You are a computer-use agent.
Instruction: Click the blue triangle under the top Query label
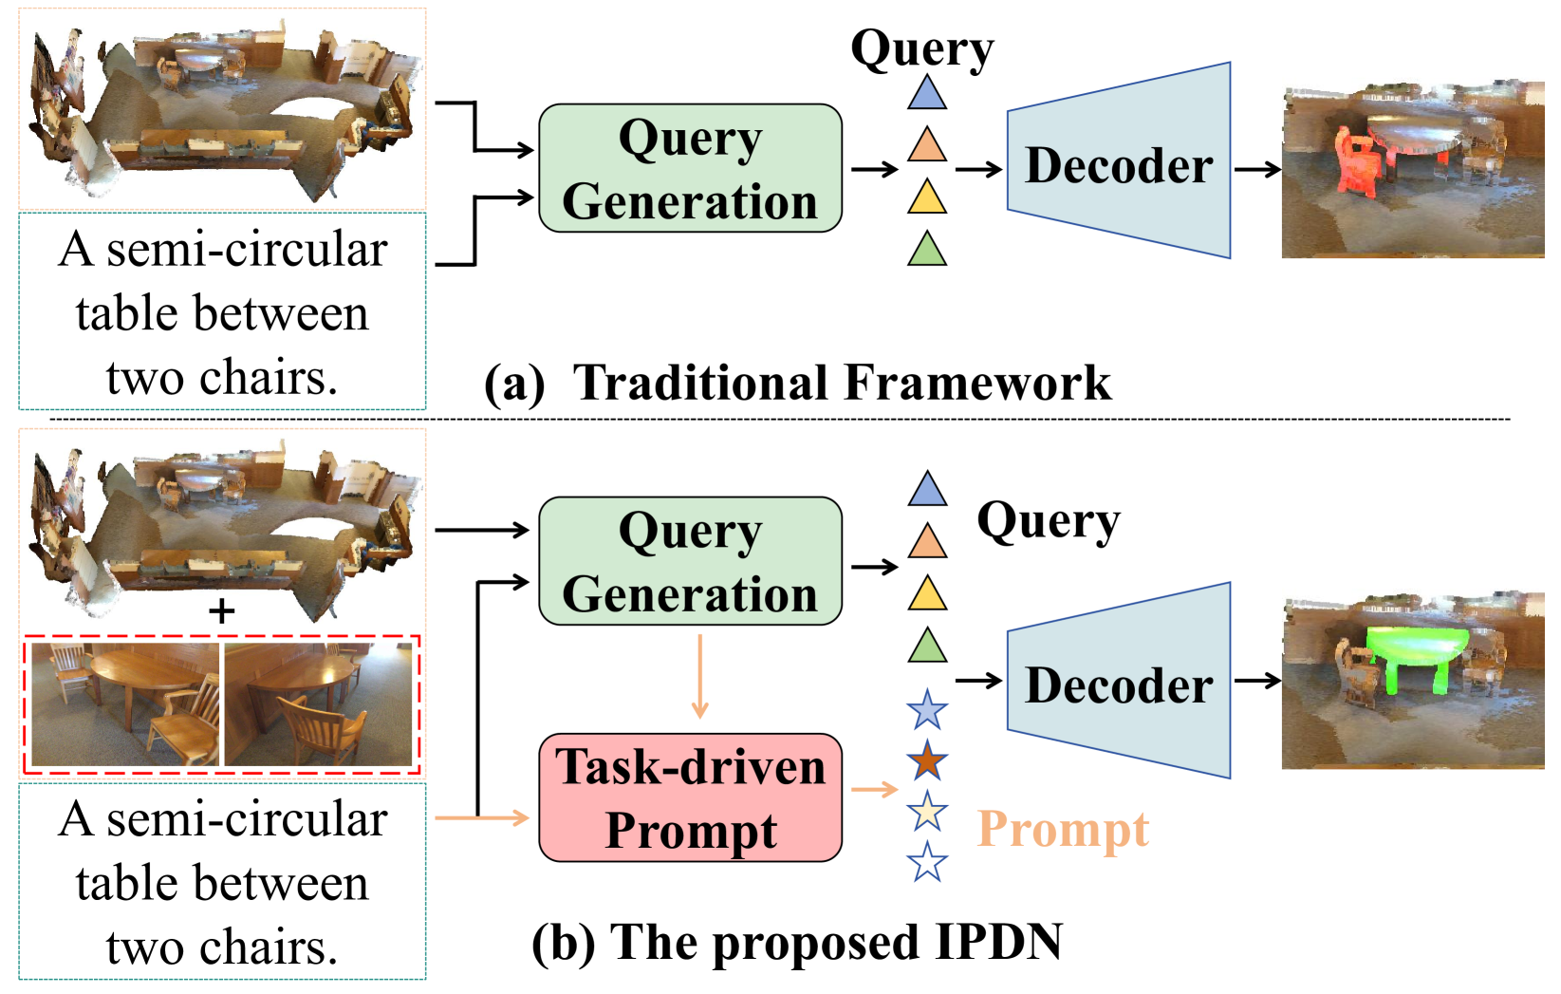click(x=926, y=93)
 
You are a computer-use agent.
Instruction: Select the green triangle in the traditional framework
click(x=926, y=250)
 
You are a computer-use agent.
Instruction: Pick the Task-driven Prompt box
click(x=690, y=797)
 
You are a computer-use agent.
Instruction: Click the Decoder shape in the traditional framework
click(x=1118, y=161)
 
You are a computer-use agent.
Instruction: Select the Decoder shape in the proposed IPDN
click(x=1118, y=682)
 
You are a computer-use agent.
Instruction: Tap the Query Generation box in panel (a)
click(x=690, y=168)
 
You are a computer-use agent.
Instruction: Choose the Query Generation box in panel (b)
click(x=690, y=561)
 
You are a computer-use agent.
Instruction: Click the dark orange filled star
click(x=926, y=761)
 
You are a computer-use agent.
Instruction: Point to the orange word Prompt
click(x=1063, y=829)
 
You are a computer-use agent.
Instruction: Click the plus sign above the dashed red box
click(x=221, y=611)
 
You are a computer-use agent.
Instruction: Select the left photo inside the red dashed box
click(x=124, y=703)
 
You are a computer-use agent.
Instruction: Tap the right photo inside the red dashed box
click(x=318, y=703)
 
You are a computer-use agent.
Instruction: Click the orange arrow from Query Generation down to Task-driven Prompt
click(x=699, y=677)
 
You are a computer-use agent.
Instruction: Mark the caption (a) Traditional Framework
click(x=797, y=383)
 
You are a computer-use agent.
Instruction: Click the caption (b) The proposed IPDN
click(x=797, y=943)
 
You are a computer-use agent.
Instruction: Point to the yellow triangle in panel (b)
click(x=926, y=594)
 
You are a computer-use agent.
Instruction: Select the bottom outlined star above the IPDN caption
click(x=926, y=863)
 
